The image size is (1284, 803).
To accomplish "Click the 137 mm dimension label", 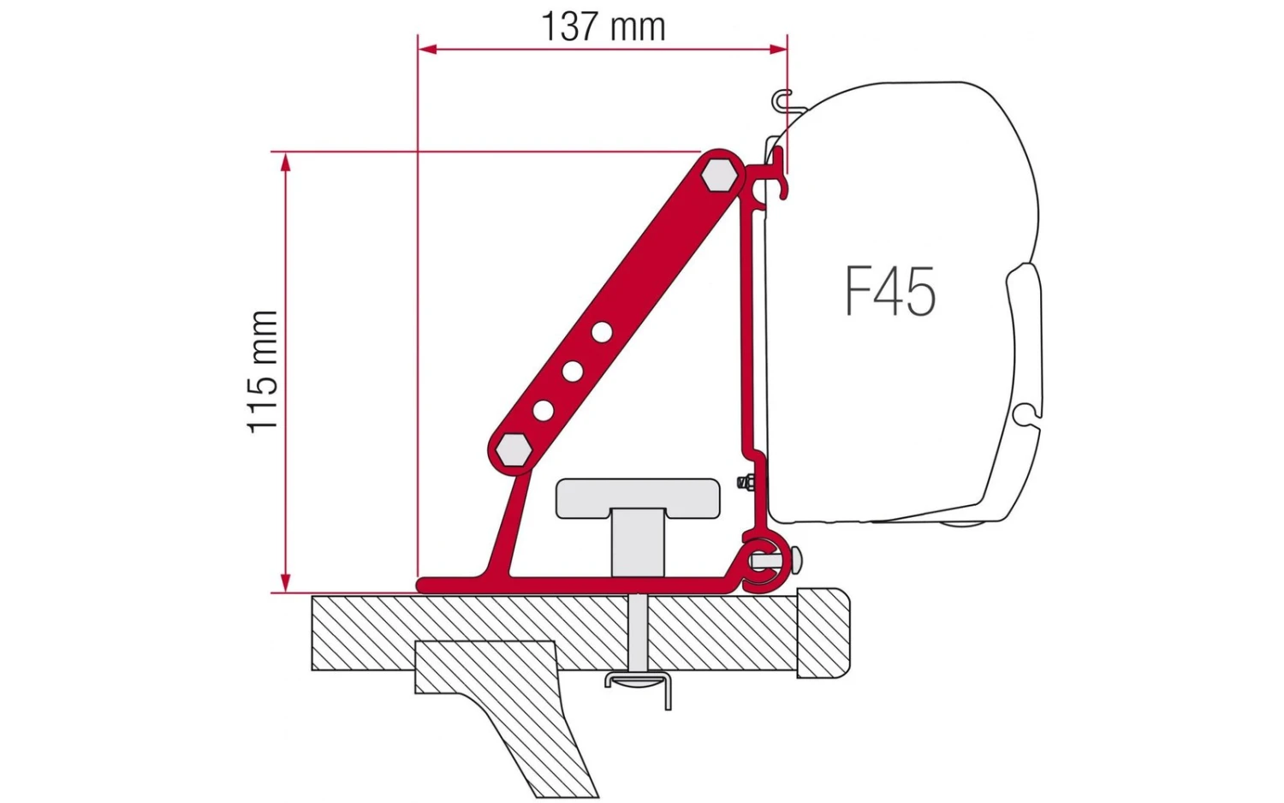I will [x=603, y=27].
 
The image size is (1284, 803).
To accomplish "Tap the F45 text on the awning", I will [x=890, y=292].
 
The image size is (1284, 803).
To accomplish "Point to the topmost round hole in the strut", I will [x=602, y=330].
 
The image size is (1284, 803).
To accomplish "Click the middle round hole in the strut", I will [x=572, y=371].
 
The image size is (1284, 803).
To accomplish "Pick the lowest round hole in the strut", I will [x=543, y=410].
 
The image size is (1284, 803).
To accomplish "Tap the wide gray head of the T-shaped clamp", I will [x=638, y=498].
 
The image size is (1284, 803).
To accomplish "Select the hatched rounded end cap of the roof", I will [x=823, y=633].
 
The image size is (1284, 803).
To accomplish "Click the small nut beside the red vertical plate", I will [x=746, y=484].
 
